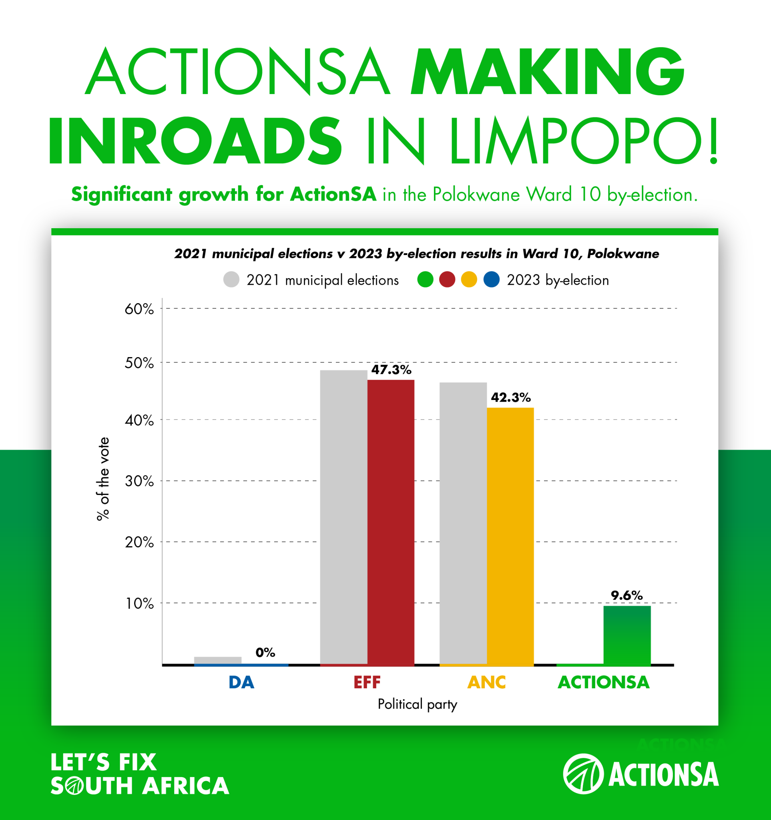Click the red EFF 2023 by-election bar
click(x=390, y=522)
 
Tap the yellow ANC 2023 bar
click(x=510, y=536)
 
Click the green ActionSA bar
click(x=627, y=635)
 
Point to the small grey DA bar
click(x=218, y=660)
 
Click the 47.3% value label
click(x=391, y=370)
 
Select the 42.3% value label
click(x=510, y=397)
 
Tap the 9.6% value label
click(x=626, y=595)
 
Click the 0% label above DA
click(x=265, y=652)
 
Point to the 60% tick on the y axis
click(x=139, y=309)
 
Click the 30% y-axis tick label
click(x=139, y=481)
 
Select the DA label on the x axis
click(x=241, y=682)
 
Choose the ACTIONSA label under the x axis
click(x=603, y=682)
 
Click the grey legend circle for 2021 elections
click(x=231, y=279)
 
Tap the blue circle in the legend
click(x=492, y=279)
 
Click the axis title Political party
click(x=417, y=703)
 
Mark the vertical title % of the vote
click(x=102, y=478)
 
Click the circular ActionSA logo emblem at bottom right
click(x=583, y=774)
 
